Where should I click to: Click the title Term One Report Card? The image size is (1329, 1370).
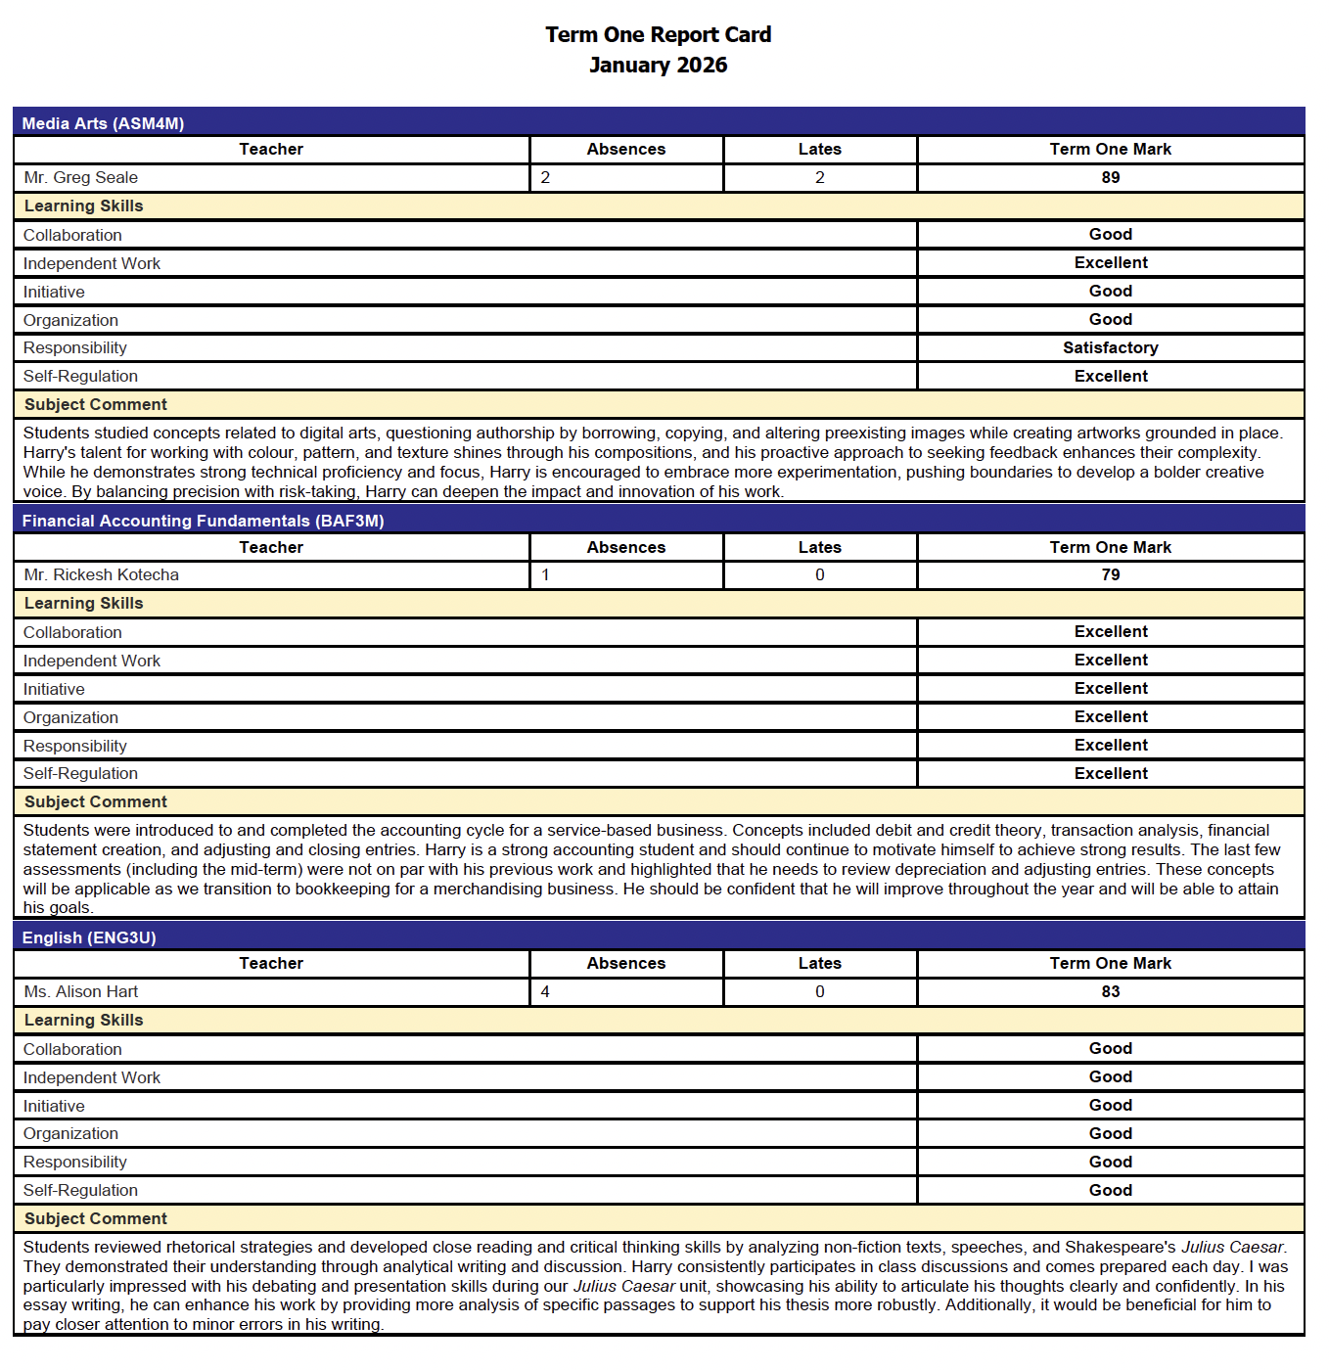pos(658,35)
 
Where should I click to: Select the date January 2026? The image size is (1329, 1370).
pos(658,66)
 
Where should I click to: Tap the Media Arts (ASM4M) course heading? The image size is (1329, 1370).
pos(103,123)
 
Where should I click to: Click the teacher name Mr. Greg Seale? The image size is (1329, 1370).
pos(80,177)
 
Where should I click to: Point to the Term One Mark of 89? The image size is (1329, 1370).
pos(1110,177)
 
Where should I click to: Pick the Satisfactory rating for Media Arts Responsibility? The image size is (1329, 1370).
pos(1110,347)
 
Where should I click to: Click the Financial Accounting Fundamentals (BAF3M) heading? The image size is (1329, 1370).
pos(203,521)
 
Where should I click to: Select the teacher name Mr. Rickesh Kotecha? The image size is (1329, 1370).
pos(101,574)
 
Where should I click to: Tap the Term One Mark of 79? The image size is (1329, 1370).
pos(1110,574)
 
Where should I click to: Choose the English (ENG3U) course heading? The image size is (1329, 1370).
pos(89,937)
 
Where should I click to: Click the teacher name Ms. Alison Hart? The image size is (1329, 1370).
pos(80,991)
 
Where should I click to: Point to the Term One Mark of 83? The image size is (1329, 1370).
pos(1110,991)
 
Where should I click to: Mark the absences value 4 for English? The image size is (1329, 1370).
pos(545,991)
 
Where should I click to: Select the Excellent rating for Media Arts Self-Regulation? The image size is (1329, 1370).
pos(1110,376)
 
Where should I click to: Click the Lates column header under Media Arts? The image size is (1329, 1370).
pos(819,149)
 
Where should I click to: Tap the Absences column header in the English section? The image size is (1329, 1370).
pos(625,963)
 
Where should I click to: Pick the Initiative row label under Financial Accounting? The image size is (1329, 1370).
pos(54,689)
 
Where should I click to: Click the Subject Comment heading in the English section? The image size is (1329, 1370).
pos(95,1218)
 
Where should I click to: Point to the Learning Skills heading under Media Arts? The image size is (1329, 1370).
pos(83,205)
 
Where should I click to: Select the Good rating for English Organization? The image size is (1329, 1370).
pos(1110,1133)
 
